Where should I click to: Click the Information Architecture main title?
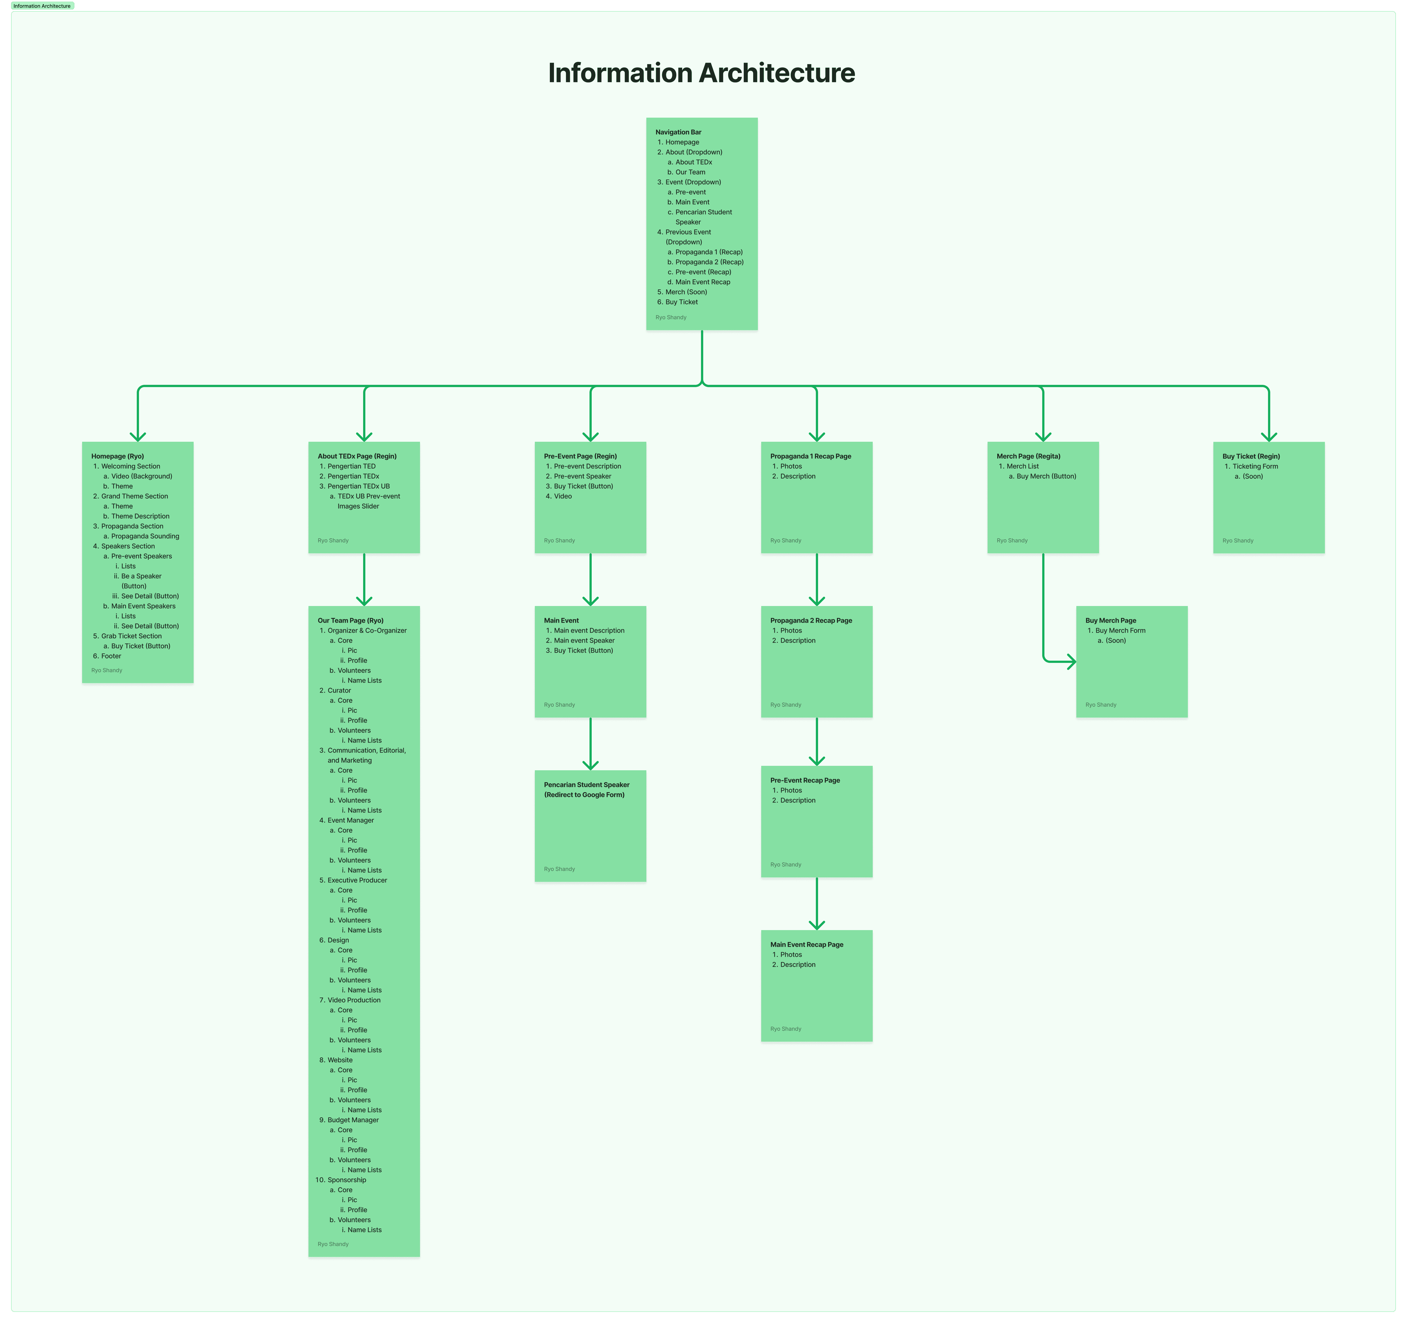701,73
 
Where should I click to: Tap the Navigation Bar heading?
678,132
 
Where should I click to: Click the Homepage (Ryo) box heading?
118,456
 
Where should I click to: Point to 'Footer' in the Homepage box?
111,656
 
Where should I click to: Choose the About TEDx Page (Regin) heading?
357,456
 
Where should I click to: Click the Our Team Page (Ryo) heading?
350,621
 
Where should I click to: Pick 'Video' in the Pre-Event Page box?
563,496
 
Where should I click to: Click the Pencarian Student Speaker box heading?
586,785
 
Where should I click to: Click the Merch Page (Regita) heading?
1028,456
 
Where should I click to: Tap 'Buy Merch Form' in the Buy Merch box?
1120,631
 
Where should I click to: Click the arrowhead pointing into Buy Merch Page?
1072,662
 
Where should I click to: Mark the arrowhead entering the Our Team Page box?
364,601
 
